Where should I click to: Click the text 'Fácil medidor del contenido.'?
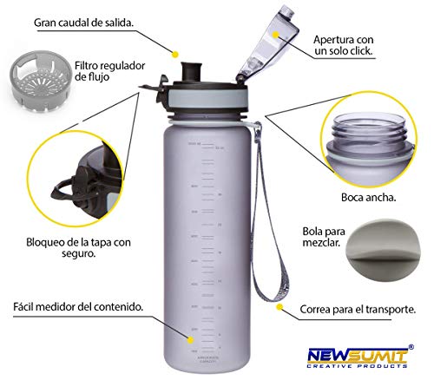click(x=77, y=307)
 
